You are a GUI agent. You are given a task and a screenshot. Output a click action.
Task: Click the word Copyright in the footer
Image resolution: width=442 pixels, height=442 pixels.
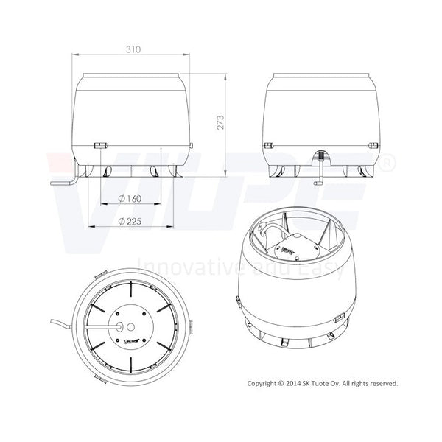pyautogui.click(x=263, y=383)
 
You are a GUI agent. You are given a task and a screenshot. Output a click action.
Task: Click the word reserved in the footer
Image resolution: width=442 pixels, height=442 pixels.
pyautogui.click(x=382, y=383)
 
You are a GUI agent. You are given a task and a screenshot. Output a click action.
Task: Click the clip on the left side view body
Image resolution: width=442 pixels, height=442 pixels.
pyautogui.click(x=100, y=145)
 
